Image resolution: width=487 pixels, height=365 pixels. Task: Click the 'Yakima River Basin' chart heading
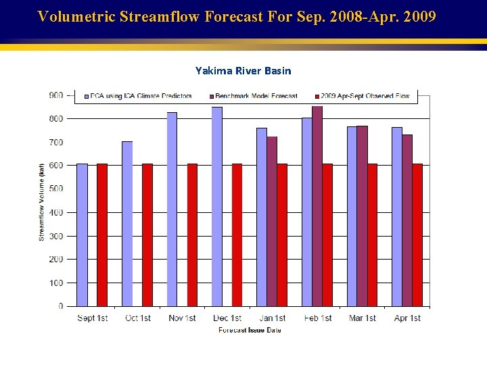coord(243,70)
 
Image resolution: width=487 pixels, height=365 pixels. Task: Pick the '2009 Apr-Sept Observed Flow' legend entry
coord(365,96)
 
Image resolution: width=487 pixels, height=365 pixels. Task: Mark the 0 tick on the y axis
coord(60,306)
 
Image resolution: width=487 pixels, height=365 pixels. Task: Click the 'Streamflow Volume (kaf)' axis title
coord(42,201)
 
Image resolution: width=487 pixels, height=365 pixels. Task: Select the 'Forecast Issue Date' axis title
coord(250,330)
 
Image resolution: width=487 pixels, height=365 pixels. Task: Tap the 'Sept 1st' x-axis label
coord(93,318)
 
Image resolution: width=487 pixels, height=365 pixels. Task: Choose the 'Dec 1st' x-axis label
coord(227,318)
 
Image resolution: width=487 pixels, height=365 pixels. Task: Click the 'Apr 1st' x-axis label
coord(407,318)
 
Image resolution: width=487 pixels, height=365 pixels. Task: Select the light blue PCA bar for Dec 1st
coord(216,206)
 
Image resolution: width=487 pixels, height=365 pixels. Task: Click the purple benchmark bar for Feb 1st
coord(317,206)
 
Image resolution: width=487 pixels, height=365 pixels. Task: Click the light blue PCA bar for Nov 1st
coord(172,209)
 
